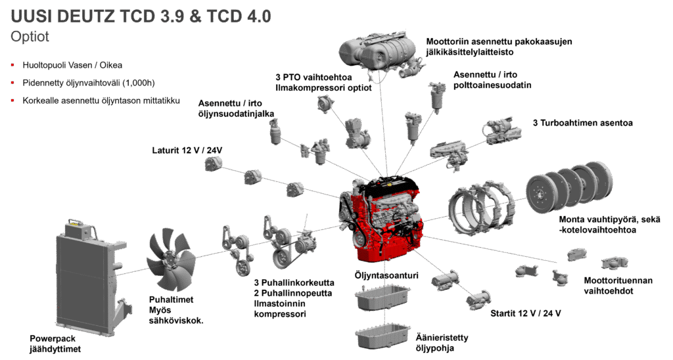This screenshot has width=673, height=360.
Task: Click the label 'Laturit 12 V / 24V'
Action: (x=187, y=150)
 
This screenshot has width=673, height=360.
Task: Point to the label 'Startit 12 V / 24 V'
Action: (x=525, y=313)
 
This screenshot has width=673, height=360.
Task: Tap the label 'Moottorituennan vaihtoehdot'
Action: (x=618, y=285)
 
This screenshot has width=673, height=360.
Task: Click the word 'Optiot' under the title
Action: (x=30, y=37)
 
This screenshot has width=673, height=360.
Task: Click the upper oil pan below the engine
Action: (x=381, y=299)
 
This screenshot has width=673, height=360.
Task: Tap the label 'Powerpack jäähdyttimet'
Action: (x=55, y=344)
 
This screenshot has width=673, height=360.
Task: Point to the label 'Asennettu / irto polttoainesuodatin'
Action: (x=493, y=79)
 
